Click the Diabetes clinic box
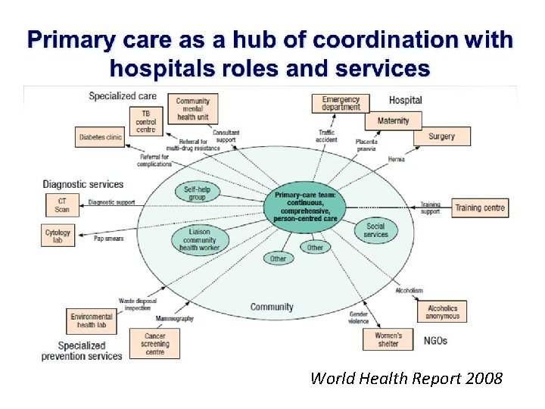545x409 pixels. click(100, 138)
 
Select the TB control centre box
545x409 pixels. click(145, 120)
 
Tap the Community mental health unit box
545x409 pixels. click(193, 109)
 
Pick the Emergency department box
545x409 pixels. click(341, 103)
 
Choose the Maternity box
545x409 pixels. click(393, 120)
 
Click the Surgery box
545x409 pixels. click(441, 136)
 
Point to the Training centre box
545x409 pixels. click(480, 207)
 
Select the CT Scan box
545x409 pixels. click(61, 204)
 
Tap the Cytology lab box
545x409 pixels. click(58, 236)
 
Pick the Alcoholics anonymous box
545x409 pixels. click(442, 312)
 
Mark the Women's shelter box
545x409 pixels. click(388, 339)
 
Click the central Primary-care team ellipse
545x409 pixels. click(310, 204)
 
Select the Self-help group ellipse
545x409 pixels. click(198, 192)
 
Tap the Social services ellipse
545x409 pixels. click(375, 230)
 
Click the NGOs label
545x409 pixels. click(434, 340)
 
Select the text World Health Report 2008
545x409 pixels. click(406, 378)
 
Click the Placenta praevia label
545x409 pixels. click(366, 145)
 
